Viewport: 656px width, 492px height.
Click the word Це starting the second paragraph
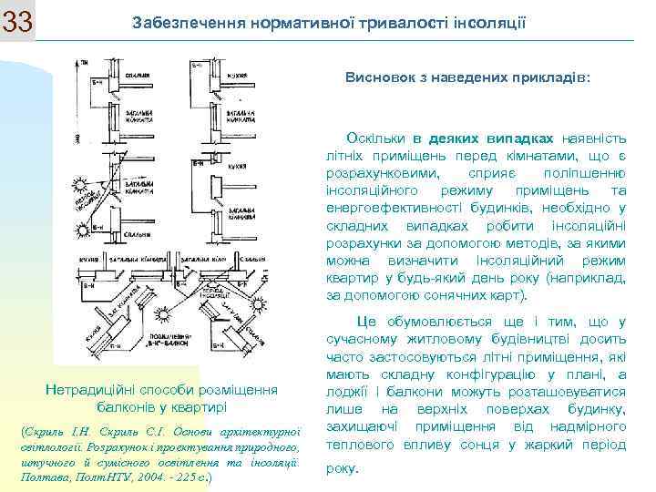pyautogui.click(x=367, y=322)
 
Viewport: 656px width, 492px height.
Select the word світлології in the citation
pyautogui.click(x=51, y=446)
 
